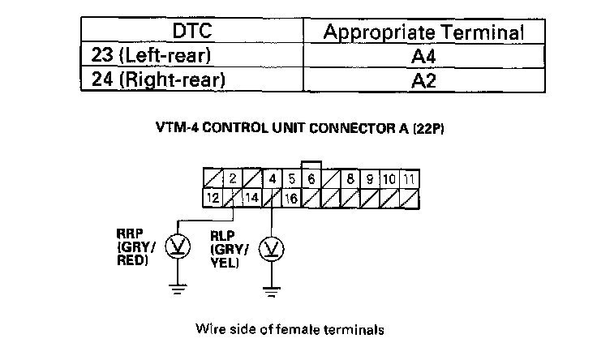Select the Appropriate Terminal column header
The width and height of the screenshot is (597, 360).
(x=422, y=32)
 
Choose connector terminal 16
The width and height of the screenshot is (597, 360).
(x=290, y=197)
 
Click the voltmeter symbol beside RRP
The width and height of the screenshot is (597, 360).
(x=175, y=246)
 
